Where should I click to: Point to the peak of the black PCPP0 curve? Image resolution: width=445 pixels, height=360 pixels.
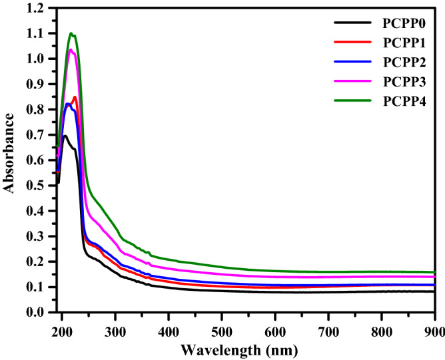(65, 136)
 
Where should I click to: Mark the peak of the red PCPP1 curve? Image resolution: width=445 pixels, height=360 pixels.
(75, 96)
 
